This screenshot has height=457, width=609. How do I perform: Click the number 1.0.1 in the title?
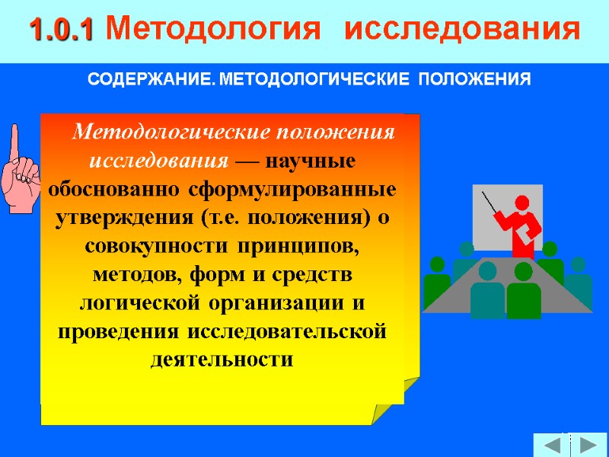coord(61,30)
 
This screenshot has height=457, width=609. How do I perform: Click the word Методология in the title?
coord(209,30)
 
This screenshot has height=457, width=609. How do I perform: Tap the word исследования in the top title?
coord(462,30)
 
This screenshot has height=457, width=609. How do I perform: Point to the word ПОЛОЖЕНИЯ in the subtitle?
coord(475,80)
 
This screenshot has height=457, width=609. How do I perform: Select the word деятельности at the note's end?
coord(222,359)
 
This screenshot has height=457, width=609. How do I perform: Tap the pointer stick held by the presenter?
coord(491,203)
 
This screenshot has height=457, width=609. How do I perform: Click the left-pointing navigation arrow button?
coord(550,444)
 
